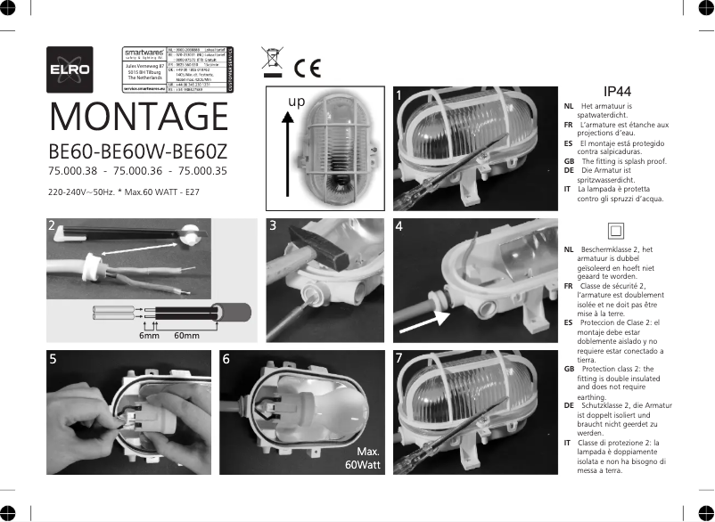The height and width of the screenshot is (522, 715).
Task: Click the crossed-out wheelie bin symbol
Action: [272, 59]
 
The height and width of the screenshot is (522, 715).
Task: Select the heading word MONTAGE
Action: [139, 117]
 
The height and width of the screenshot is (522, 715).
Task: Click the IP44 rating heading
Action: [617, 92]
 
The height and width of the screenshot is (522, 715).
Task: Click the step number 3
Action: [274, 226]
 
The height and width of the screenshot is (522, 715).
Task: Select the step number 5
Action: [54, 360]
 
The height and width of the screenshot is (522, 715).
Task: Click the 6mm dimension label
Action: [149, 336]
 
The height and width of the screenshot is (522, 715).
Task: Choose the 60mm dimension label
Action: [187, 336]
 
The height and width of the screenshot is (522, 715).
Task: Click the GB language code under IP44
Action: [569, 161]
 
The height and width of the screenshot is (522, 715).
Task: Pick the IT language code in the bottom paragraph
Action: [568, 442]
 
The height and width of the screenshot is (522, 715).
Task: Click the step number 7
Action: [399, 360]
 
